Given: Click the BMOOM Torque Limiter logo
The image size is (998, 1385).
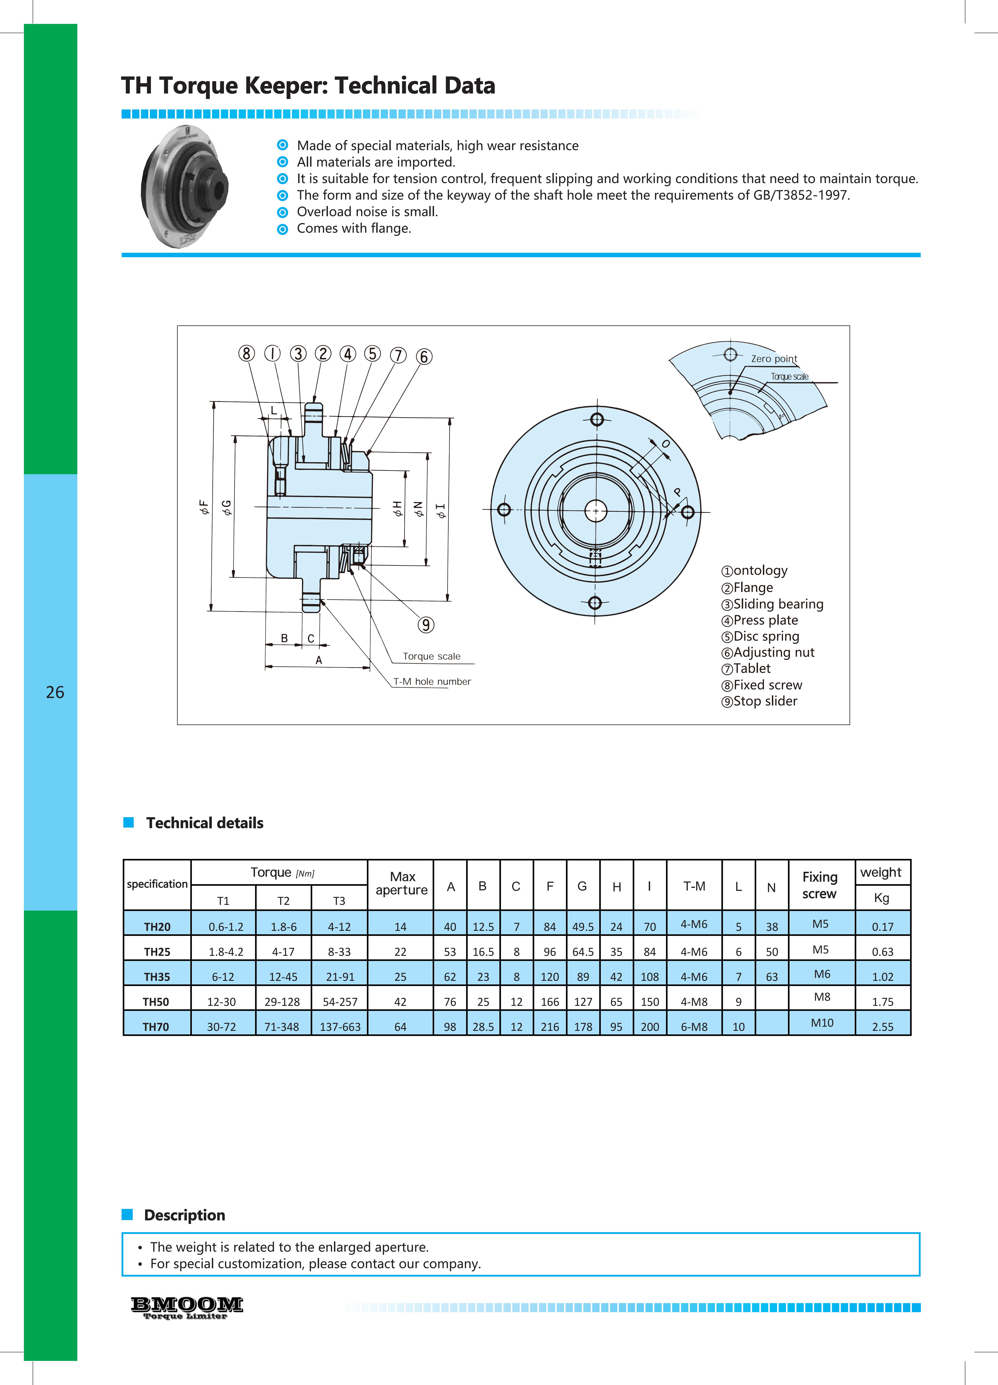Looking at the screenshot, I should tap(187, 1307).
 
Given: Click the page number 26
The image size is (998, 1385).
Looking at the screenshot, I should tap(55, 692).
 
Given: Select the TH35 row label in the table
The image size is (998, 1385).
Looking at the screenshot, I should tap(157, 976).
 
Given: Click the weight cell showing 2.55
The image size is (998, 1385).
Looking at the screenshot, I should tap(883, 1027).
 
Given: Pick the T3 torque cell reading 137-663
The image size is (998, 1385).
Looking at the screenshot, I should tap(340, 1027).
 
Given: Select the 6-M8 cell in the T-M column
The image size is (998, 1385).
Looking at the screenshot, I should tap(694, 1027).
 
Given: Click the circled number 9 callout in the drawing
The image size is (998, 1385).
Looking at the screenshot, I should tap(425, 625).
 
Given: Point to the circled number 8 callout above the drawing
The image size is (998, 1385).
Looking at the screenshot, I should tap(246, 354).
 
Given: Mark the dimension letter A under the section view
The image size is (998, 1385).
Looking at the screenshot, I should tap(319, 660).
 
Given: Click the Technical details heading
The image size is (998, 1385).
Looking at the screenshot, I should tap(205, 823).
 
